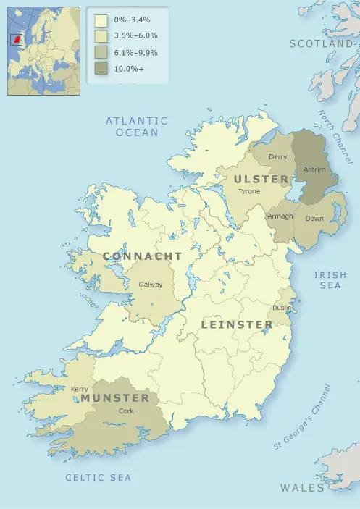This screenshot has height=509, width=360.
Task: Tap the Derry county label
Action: point(278,157)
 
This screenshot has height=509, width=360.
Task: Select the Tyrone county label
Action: point(248,191)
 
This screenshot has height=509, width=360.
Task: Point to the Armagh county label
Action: point(280,216)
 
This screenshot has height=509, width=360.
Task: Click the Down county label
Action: point(314,218)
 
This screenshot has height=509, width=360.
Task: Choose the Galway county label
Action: point(151,285)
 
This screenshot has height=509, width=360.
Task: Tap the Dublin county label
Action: point(282,308)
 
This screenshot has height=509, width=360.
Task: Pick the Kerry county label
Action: point(80,389)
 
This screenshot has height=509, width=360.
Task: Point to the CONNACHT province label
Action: point(143,257)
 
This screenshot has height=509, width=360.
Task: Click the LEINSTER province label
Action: point(237,324)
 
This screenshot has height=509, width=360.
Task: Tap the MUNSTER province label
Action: point(115,398)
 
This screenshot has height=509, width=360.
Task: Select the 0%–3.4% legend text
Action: point(134,20)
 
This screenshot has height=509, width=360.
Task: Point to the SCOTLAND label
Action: point(321,44)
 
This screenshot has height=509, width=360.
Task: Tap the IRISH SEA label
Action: point(330,280)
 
